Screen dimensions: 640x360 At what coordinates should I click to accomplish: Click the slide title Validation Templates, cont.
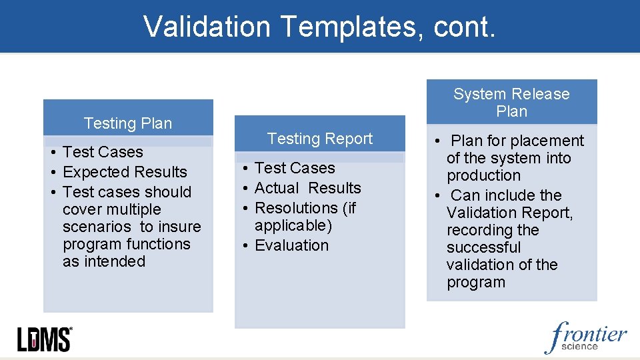(x=319, y=27)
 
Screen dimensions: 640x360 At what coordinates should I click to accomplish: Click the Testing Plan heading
(x=128, y=123)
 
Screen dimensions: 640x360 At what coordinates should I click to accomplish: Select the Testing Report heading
(x=320, y=139)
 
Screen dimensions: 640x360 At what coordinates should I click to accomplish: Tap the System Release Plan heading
(x=511, y=103)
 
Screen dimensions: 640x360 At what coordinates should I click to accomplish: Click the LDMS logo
(x=44, y=339)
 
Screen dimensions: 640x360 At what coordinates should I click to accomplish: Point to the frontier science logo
(x=586, y=337)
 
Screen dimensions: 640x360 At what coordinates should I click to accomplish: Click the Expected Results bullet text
(x=125, y=172)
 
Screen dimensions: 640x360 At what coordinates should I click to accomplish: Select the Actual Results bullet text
(x=307, y=188)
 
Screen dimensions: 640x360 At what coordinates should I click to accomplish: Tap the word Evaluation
(x=291, y=245)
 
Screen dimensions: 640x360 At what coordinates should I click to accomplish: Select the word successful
(x=483, y=247)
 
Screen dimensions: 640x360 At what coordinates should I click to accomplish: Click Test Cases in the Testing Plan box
(x=103, y=152)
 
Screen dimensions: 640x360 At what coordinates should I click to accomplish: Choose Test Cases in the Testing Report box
(x=295, y=168)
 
